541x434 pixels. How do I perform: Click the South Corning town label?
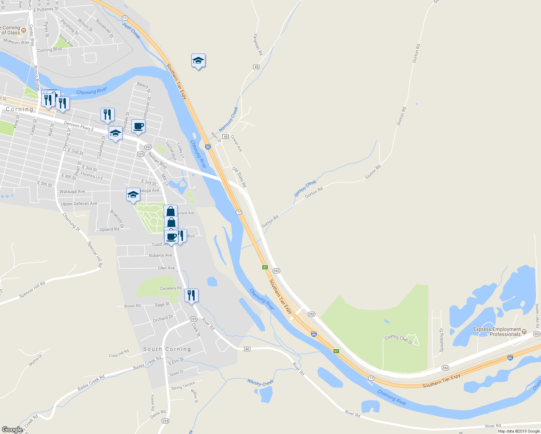pos(167,349)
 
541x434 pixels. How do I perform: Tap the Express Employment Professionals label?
pos(497,332)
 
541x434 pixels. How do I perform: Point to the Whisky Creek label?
pos(260,382)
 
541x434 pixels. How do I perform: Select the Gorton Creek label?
pos(305,188)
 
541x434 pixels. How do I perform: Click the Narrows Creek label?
pos(229,119)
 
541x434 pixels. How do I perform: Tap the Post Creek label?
pos(131,31)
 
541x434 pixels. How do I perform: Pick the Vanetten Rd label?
pos(258,44)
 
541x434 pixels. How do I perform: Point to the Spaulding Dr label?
pos(441,340)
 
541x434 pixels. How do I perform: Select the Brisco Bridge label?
pos(37,78)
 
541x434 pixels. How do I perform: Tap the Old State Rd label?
pos(239,177)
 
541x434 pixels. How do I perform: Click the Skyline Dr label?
pos(35,360)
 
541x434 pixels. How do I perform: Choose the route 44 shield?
pos(247,349)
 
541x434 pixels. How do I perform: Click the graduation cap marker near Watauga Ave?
pos(133,195)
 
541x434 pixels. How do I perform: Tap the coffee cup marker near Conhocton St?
pos(138,126)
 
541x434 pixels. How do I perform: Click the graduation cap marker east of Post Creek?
pos(198,60)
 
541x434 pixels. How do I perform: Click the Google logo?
pos(12,430)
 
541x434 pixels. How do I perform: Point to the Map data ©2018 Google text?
pos(519,431)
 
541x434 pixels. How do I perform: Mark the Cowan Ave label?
pos(237,143)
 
